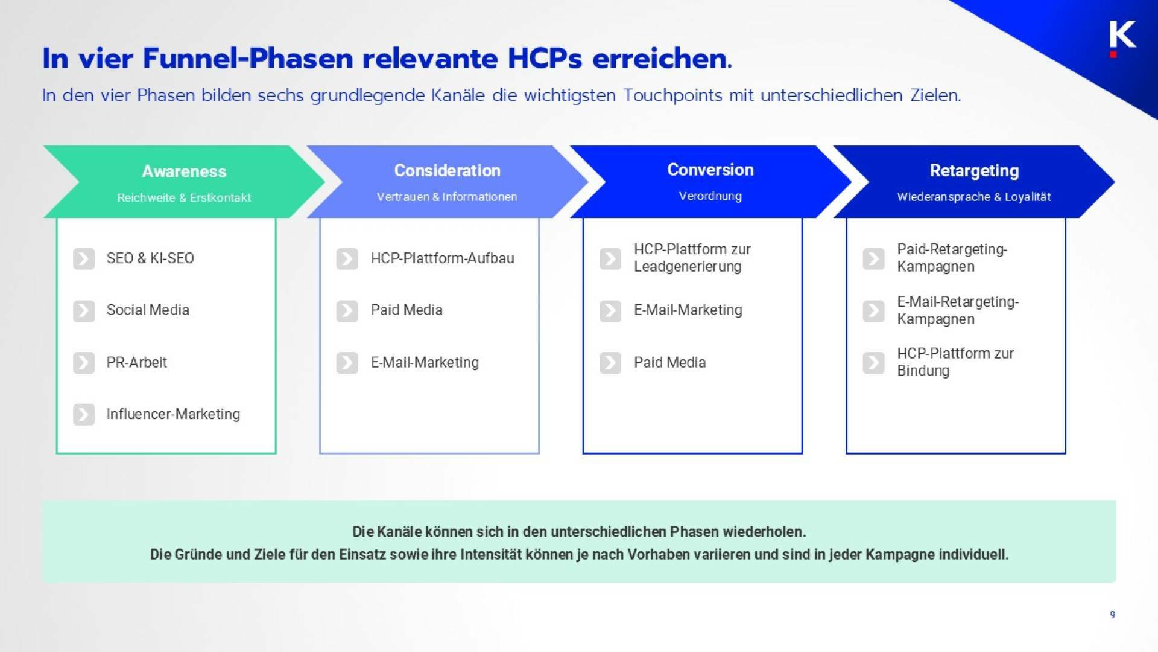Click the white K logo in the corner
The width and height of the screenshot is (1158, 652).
point(1122,35)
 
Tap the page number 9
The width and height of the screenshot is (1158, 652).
point(1112,615)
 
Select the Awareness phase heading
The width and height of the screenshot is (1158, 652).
point(184,171)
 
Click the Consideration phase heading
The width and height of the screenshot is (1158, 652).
point(447,171)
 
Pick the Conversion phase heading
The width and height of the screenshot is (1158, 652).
point(710,170)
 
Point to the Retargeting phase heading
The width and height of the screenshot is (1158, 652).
point(973,171)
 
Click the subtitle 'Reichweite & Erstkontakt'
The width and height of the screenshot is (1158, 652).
point(184,197)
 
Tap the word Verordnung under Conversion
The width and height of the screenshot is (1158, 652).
point(710,196)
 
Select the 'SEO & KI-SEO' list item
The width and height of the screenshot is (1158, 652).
point(150,258)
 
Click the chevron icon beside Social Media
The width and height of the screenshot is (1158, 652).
point(84,311)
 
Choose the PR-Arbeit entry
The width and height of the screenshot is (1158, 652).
point(136,362)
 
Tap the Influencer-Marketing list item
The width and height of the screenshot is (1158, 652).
point(173,414)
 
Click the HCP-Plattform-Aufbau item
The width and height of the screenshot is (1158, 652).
point(442,258)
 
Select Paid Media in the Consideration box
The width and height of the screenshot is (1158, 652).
point(406,310)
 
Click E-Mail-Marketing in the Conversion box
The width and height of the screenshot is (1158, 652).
point(688,310)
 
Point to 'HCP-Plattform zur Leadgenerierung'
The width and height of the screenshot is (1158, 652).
point(691,258)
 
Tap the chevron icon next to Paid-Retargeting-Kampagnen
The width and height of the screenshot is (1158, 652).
point(873,259)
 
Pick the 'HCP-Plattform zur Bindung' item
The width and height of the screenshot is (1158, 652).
point(955,362)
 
